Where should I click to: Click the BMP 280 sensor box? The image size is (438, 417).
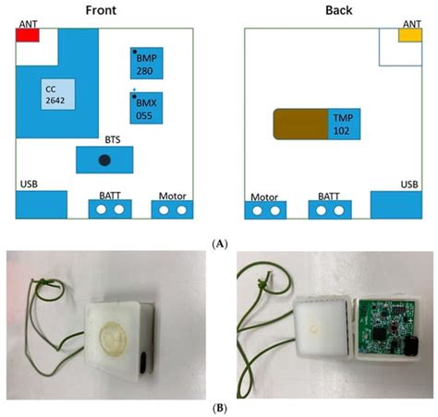[148, 63]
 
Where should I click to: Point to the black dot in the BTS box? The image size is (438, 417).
[105, 161]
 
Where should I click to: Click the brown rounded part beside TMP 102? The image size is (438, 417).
[300, 124]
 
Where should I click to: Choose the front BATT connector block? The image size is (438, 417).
[109, 209]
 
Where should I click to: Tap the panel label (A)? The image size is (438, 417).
[219, 243]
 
